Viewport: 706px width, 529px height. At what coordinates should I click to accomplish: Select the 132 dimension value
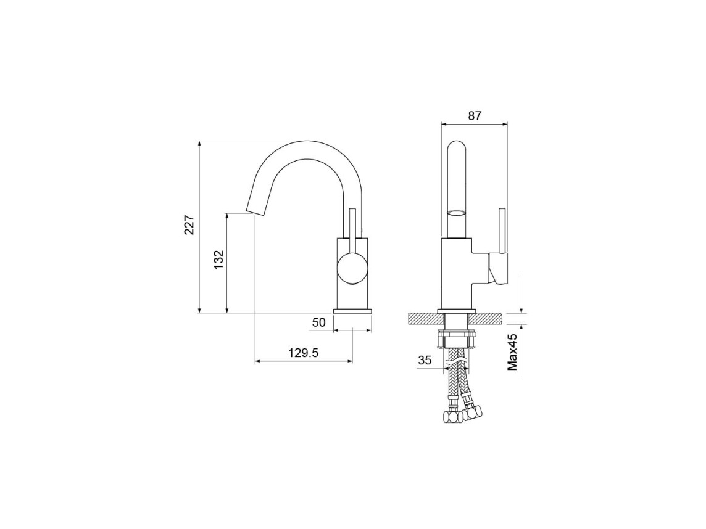coord(218,260)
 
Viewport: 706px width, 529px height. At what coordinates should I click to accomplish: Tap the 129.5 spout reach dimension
coord(303,353)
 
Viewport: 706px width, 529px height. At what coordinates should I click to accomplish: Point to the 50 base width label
coord(318,322)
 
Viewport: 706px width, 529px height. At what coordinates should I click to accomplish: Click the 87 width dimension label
coord(475,116)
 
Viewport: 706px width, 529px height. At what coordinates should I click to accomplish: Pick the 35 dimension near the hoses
coord(425,360)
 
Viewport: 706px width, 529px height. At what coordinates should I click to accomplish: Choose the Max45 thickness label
coord(512,352)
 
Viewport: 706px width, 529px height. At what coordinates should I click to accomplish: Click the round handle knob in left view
coord(352,268)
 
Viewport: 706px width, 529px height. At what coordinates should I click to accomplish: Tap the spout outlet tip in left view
coord(251,212)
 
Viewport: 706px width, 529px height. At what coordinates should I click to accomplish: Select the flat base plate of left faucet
coord(352,311)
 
